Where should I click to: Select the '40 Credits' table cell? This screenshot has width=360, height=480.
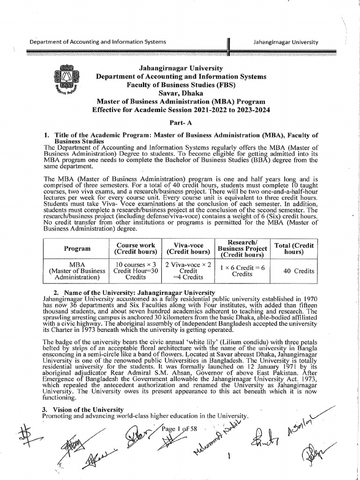pos(298,270)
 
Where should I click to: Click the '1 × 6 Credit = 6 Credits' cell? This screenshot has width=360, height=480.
pos(242,270)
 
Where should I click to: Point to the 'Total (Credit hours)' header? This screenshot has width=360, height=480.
pos(298,248)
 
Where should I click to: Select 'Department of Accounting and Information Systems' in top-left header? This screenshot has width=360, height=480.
pos(97,42)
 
